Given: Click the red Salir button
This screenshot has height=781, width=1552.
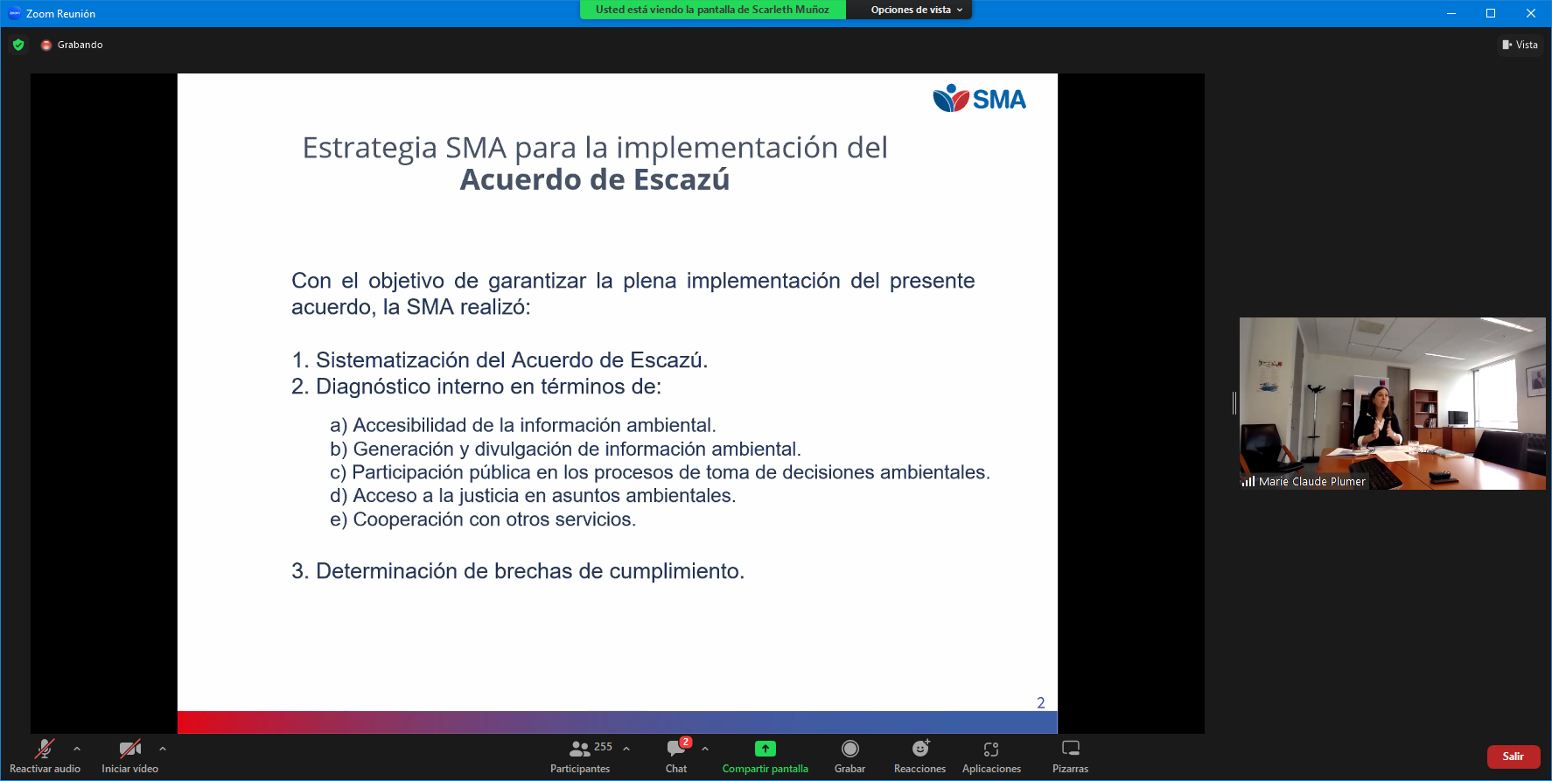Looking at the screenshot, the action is click(x=1513, y=757).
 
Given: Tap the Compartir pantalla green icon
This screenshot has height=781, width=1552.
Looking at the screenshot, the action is click(x=765, y=749).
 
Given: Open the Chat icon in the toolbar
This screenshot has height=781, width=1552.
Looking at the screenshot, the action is click(x=676, y=749).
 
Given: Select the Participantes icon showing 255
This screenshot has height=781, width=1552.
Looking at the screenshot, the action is click(x=580, y=749).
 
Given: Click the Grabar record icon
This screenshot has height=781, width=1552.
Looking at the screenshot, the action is click(x=849, y=749).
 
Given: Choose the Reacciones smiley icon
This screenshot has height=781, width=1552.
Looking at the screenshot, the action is click(x=920, y=749).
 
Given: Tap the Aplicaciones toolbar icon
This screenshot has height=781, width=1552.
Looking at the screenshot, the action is click(x=991, y=749).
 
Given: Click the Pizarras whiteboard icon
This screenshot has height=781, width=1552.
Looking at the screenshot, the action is click(x=1071, y=748).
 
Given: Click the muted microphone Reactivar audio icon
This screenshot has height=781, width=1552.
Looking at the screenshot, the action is click(x=44, y=749).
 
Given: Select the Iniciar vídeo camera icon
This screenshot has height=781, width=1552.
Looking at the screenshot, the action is click(x=129, y=749).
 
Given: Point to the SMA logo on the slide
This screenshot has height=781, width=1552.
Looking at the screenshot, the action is click(x=979, y=99).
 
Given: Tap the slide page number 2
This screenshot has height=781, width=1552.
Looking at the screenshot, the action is click(x=1041, y=703).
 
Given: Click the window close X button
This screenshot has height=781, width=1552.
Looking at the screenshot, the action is click(x=1531, y=13).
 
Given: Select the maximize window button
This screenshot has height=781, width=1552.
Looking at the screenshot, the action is click(x=1491, y=13).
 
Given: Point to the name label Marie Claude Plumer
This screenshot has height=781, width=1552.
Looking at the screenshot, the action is click(x=1311, y=482).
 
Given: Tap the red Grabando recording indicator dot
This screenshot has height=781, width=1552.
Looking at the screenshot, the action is click(x=46, y=45).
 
